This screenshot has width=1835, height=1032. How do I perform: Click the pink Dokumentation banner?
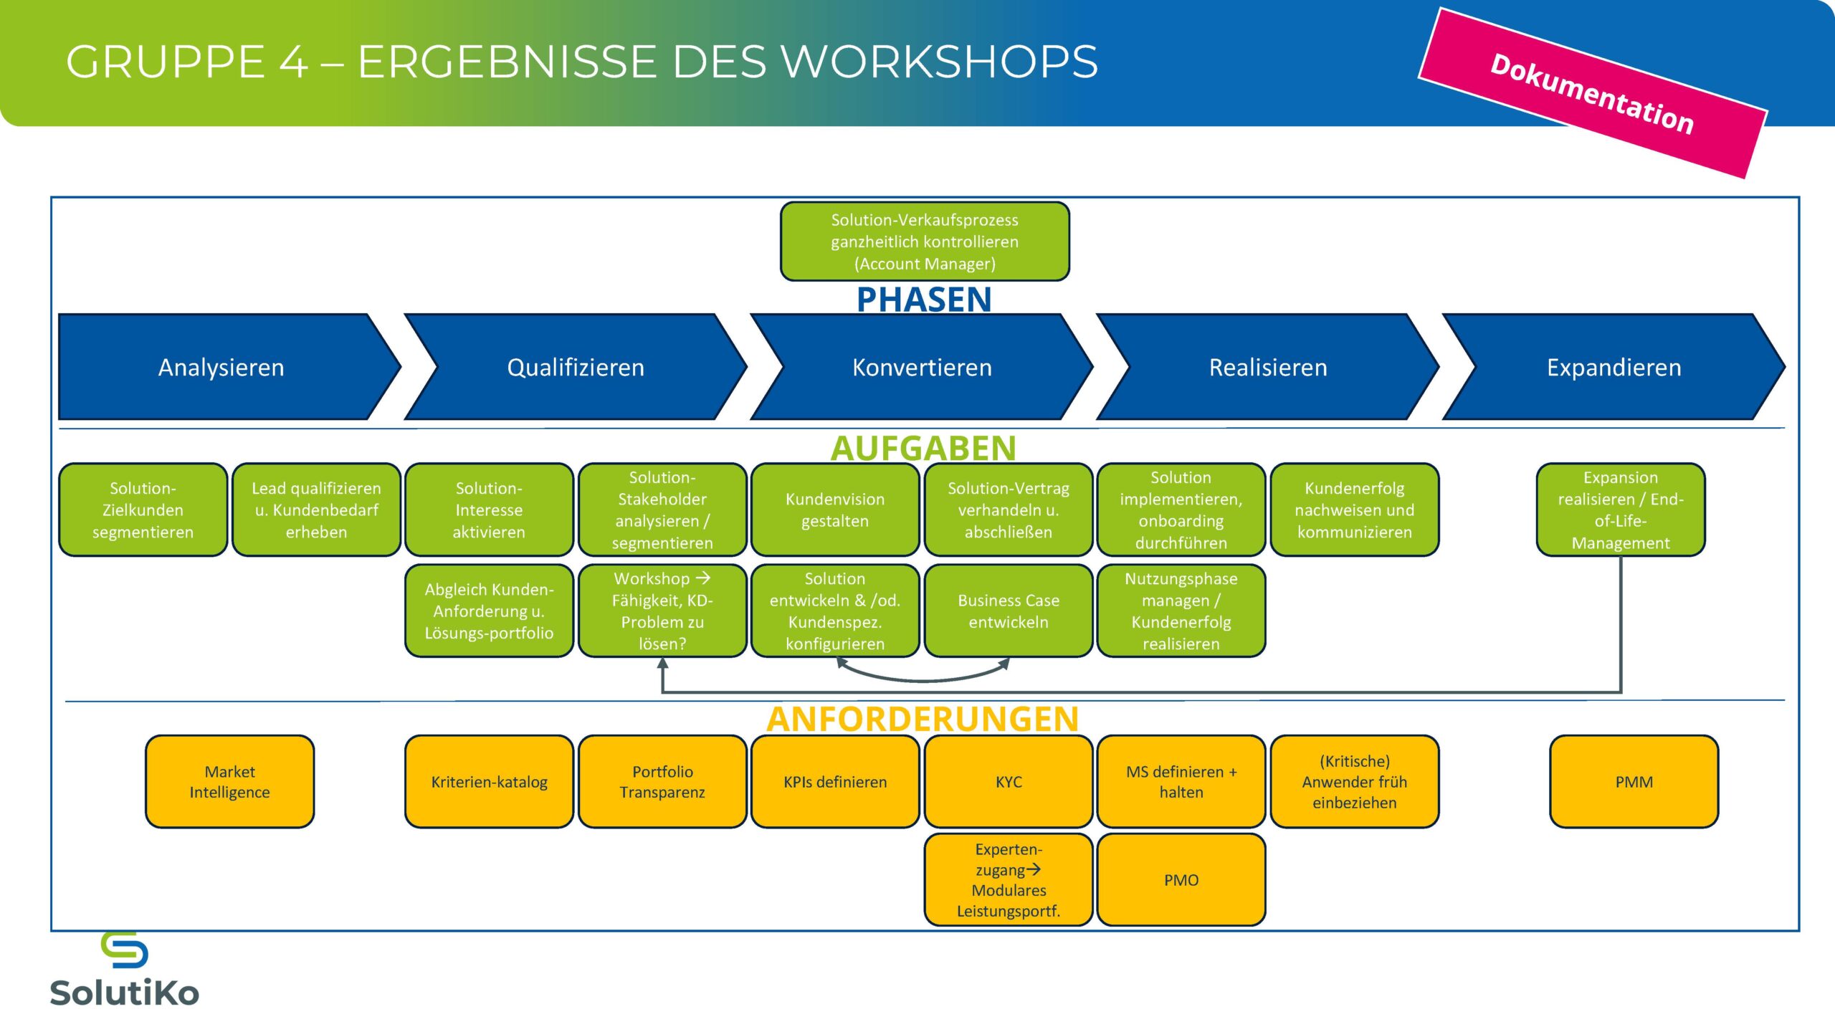[1593, 93]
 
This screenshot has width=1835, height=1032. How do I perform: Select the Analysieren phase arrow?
[221, 367]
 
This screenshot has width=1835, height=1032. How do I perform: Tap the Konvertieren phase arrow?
[922, 367]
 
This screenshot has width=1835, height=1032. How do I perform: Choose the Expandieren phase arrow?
[1614, 367]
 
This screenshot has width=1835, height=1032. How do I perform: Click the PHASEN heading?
[924, 300]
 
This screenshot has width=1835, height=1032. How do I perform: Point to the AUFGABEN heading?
[923, 449]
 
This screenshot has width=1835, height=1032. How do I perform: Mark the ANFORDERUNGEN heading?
[923, 719]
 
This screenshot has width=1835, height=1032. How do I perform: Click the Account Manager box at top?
[925, 242]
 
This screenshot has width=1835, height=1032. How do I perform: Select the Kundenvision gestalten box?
[835, 510]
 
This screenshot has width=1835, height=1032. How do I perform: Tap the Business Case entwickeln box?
[1009, 611]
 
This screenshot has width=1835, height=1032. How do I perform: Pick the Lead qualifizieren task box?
[316, 510]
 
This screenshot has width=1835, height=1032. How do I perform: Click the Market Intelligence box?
[229, 782]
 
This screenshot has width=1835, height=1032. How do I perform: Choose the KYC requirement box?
[1009, 782]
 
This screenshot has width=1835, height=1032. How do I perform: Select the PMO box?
[1181, 880]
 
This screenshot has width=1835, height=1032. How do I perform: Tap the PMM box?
[1634, 782]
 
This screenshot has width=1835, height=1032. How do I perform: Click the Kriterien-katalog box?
[489, 782]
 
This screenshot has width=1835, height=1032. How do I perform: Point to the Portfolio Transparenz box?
[662, 782]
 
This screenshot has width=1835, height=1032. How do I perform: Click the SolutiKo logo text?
[125, 993]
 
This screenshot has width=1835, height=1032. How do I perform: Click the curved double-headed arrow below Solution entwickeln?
[923, 677]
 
